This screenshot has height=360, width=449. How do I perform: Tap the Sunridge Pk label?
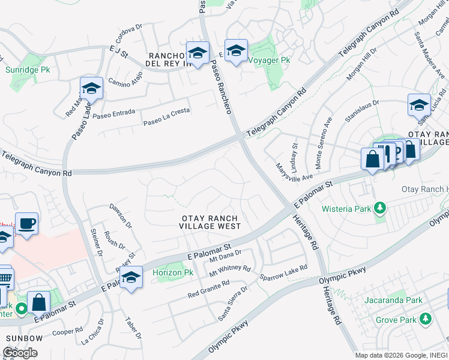[x=28, y=70]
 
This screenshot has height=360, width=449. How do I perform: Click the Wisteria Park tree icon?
[x=379, y=208]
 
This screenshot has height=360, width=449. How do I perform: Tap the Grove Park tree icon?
[x=426, y=318]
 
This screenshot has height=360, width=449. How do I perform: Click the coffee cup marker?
[x=26, y=224]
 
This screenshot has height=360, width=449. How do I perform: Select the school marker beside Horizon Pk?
[x=131, y=277]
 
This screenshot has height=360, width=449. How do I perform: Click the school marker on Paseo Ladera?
[x=91, y=89]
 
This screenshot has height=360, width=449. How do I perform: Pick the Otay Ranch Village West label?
[x=210, y=222]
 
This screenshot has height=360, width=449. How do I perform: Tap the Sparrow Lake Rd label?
[x=283, y=272]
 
